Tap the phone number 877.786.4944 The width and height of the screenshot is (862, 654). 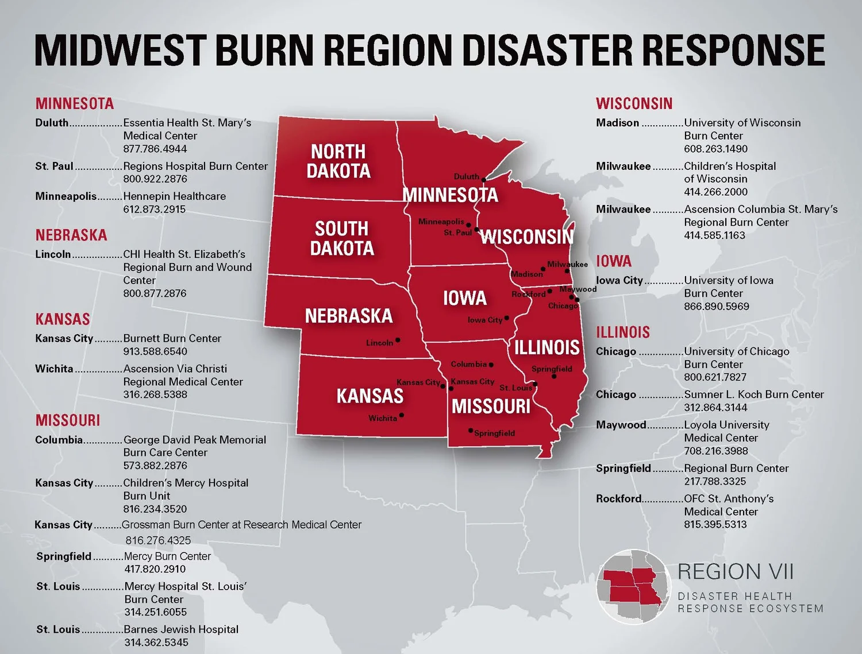[155, 149]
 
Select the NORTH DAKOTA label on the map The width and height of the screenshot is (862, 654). [338, 161]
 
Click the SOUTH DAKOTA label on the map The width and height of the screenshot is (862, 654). [342, 238]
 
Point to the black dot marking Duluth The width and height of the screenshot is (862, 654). [483, 180]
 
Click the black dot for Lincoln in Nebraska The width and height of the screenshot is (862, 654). [398, 340]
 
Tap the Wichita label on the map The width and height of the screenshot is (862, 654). [382, 418]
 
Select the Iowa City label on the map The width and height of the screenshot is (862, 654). [484, 320]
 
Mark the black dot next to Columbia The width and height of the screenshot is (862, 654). [491, 365]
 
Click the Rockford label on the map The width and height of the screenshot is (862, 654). [528, 294]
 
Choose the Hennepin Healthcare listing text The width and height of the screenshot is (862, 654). [174, 196]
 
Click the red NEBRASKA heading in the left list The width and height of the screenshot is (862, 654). [71, 235]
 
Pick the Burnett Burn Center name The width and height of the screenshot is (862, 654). [172, 338]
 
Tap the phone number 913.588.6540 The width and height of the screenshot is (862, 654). [155, 351]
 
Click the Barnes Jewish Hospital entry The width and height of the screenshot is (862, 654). [181, 629]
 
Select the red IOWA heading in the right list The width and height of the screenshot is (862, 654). [613, 261]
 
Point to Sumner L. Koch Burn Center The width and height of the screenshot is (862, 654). [753, 394]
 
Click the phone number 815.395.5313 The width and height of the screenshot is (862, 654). [715, 524]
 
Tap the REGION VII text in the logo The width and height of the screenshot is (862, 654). [735, 572]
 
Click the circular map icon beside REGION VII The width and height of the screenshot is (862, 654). [633, 586]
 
